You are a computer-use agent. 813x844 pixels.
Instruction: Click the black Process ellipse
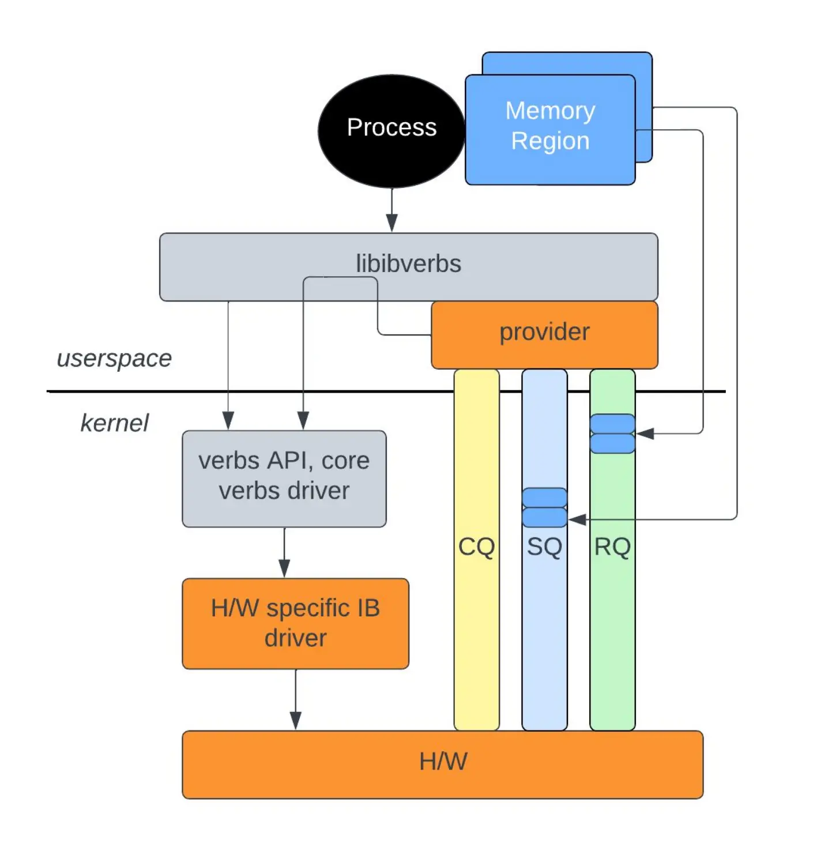pos(391,130)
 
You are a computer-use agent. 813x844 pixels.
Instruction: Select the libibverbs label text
pos(408,263)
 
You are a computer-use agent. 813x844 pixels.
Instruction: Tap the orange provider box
pos(544,334)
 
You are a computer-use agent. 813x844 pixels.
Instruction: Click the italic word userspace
pos(114,358)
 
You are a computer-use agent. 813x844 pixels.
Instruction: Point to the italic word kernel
pos(114,423)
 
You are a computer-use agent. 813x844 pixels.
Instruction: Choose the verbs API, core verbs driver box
pos(284,478)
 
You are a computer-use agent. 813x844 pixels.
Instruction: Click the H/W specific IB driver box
pos(295,623)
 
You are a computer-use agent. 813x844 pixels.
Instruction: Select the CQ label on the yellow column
pos(476,547)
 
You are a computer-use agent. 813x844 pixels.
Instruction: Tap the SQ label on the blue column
pos(544,547)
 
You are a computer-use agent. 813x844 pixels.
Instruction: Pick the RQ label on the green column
pos(612,547)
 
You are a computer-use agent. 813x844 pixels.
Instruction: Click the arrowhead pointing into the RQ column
pos(645,434)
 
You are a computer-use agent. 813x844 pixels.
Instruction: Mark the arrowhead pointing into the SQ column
pos(577,519)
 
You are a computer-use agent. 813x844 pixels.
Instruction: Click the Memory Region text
pos(550,126)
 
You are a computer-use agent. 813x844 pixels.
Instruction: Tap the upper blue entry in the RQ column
pos(612,423)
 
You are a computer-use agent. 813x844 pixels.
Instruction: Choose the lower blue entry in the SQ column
pos(544,517)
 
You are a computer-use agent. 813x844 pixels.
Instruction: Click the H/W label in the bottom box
pos(443,762)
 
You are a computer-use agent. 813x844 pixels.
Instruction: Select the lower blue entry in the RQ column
pos(612,443)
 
